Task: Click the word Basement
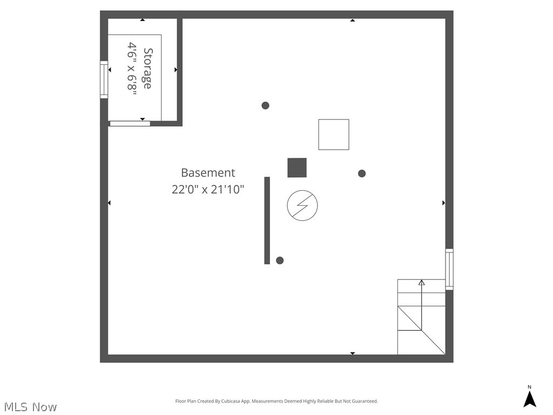[x=208, y=173]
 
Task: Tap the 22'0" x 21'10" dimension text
[x=208, y=190]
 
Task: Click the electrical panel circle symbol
[x=302, y=205]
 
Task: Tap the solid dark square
[x=297, y=168]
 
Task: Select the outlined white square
[x=334, y=135]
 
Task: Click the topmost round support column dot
[x=265, y=105]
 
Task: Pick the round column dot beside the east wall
[x=362, y=173]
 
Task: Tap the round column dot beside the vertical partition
[x=280, y=260]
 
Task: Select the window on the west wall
[x=104, y=81]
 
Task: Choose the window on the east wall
[x=449, y=269]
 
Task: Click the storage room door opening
[x=130, y=124]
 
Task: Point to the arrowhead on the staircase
[x=422, y=282]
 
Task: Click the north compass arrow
[x=530, y=399]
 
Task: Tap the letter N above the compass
[x=530, y=387]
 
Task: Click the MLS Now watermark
[x=30, y=407]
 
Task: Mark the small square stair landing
[x=409, y=318]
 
